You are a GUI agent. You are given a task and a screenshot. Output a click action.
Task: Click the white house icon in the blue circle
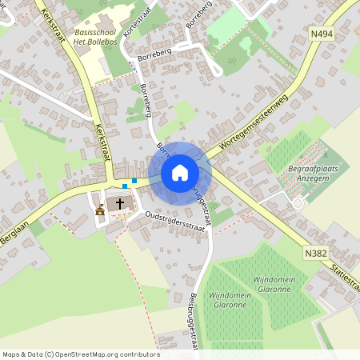180,173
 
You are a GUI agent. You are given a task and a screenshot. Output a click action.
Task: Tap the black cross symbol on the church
120,204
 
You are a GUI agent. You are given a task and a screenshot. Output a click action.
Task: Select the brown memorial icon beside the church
100,212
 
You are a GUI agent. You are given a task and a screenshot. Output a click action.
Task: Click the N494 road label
322,34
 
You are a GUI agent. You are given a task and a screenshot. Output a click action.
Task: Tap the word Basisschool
84,31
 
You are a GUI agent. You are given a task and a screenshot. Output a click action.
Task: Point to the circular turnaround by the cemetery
298,203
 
